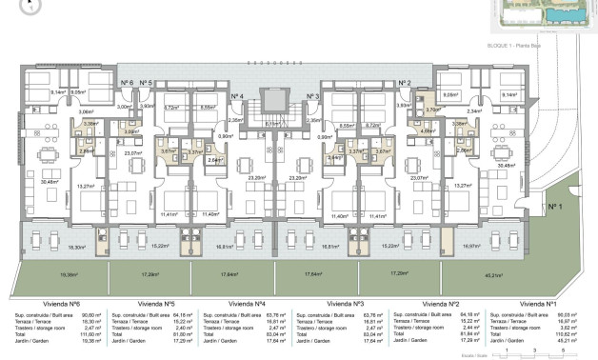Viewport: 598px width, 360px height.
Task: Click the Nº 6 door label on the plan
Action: click(128, 84)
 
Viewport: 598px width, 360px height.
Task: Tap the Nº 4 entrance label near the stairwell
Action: click(237, 97)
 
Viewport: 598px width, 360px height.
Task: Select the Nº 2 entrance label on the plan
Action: click(404, 84)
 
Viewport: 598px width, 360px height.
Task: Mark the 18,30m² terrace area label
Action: click(64, 247)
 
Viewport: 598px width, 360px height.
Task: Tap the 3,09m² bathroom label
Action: click(132, 132)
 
